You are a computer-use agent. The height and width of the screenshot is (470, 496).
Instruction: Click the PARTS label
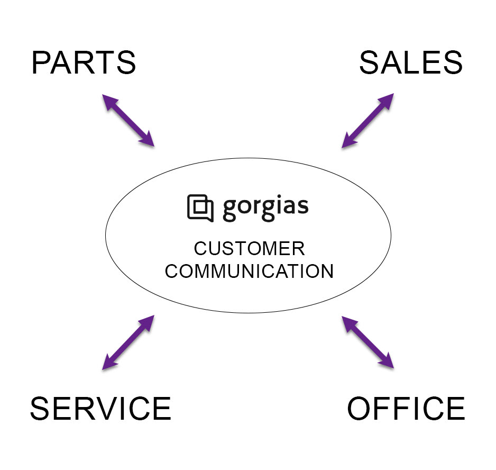[x=84, y=62]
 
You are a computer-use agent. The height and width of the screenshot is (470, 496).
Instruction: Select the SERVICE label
[x=100, y=408]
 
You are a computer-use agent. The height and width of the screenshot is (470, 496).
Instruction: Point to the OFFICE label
[x=406, y=408]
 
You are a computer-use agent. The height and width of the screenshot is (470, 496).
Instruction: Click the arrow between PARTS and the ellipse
[x=128, y=120]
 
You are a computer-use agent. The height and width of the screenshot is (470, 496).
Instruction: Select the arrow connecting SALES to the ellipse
[x=368, y=120]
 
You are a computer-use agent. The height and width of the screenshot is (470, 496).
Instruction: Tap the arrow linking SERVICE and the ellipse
[x=128, y=342]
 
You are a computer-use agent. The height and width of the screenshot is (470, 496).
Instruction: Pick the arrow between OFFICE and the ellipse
[x=368, y=342]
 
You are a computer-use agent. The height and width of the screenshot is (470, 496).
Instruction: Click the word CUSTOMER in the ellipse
[x=249, y=249]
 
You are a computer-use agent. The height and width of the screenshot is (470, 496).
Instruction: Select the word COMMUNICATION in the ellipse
[x=249, y=272]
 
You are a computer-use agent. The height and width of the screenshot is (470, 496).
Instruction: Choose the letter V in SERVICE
[x=111, y=408]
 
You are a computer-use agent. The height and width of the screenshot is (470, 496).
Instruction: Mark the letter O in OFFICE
[x=361, y=408]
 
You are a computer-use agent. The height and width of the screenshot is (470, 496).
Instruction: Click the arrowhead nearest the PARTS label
[x=107, y=100]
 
